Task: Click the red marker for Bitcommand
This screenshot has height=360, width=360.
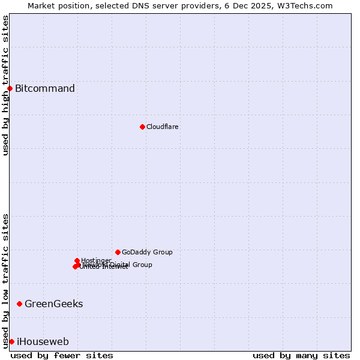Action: [10, 89]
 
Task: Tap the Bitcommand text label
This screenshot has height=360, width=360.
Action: [45, 89]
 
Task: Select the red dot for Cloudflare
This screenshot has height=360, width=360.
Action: [142, 127]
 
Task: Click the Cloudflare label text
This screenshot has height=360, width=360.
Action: [163, 127]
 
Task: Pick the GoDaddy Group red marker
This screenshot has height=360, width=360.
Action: [118, 252]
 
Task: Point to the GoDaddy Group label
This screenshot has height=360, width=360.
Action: [147, 252]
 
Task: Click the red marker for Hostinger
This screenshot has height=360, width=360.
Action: [77, 260]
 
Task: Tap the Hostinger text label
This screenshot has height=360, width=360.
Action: [96, 260]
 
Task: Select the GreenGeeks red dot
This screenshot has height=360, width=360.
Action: [19, 304]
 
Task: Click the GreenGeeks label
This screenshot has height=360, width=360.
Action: [53, 304]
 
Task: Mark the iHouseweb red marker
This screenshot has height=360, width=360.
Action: [11, 341]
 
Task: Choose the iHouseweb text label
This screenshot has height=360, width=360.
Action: [43, 342]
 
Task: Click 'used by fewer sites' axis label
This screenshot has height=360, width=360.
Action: [62, 355]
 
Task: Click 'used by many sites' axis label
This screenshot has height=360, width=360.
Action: [301, 355]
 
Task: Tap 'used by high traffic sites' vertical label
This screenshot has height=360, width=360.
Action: [5, 85]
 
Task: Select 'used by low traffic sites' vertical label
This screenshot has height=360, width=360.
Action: [5, 281]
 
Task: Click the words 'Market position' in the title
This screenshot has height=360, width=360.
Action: [56, 5]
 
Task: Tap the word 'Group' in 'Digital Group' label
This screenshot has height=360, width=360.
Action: [142, 265]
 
